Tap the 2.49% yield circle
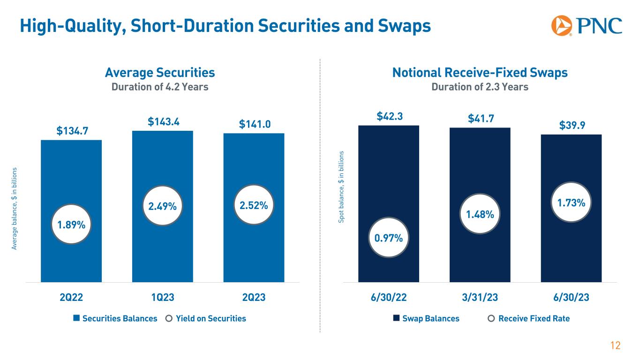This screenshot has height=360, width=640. (x=163, y=206)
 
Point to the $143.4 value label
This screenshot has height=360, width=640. (x=163, y=122)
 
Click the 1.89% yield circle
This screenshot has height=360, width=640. (x=71, y=225)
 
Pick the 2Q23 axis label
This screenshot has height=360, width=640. (x=254, y=298)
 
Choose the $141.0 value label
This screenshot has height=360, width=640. (x=254, y=125)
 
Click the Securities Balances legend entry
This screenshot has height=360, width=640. (x=115, y=319)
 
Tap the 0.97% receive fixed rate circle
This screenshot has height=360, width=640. (x=389, y=238)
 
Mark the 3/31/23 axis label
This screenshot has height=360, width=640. (x=480, y=298)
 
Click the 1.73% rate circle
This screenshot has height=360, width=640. (x=571, y=203)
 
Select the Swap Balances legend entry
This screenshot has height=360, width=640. (x=426, y=319)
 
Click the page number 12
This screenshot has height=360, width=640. (x=615, y=346)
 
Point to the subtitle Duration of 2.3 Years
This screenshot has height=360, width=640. (x=480, y=87)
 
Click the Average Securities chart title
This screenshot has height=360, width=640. (x=160, y=73)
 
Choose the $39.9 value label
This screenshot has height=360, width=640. (x=571, y=126)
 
